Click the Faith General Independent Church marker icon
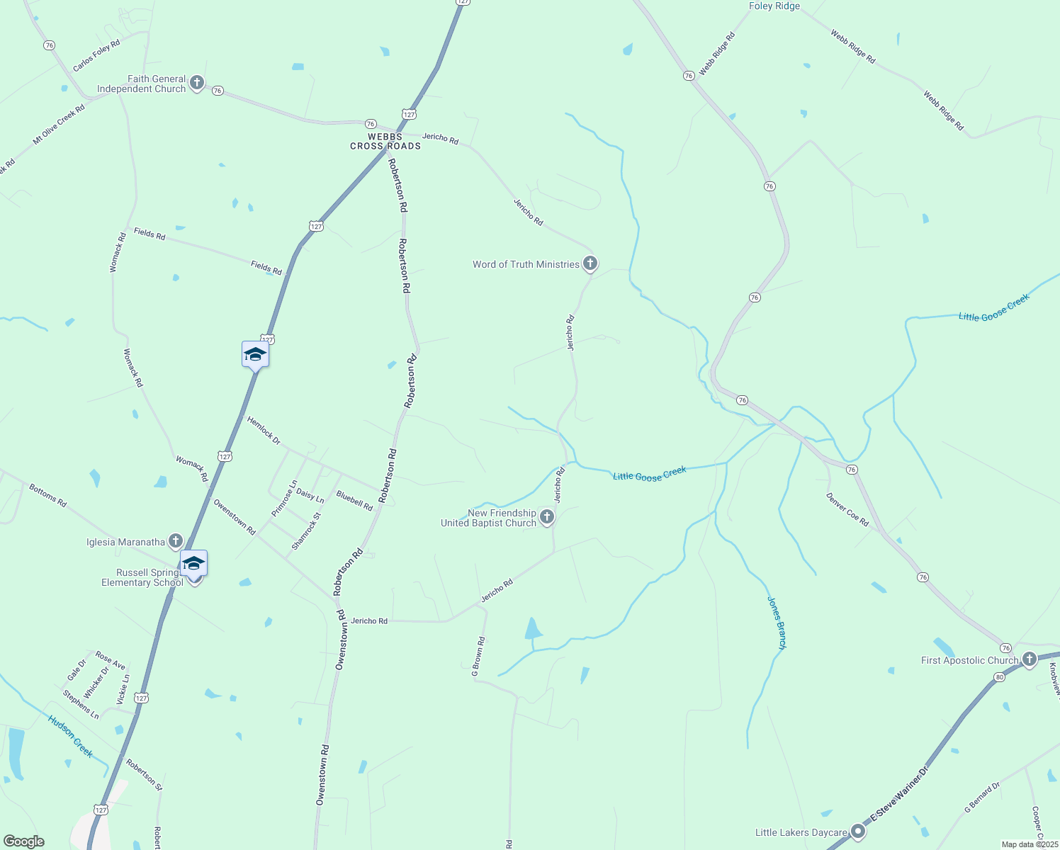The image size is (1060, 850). point(197,83)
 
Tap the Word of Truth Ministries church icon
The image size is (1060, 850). point(590,263)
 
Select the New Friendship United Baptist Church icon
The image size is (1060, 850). point(546,517)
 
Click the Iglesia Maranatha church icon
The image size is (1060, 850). point(175,541)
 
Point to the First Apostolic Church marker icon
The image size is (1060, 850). point(1029,659)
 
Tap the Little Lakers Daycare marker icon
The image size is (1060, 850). point(858,831)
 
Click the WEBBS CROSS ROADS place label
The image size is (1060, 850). point(385,141)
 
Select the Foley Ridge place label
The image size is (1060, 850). point(774,6)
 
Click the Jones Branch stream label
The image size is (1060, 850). point(777,622)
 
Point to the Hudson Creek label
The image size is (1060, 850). point(70,736)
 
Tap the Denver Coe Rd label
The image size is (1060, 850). point(847,509)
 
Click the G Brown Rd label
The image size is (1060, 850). point(479,656)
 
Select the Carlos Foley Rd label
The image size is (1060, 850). point(96,55)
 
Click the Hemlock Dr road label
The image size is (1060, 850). point(264,431)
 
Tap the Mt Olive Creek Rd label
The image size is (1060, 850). point(59,125)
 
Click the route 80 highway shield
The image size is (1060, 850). point(999,676)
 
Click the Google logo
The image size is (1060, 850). point(23,841)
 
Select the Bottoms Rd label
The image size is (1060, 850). point(47,495)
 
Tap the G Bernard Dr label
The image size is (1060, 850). point(981,797)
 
